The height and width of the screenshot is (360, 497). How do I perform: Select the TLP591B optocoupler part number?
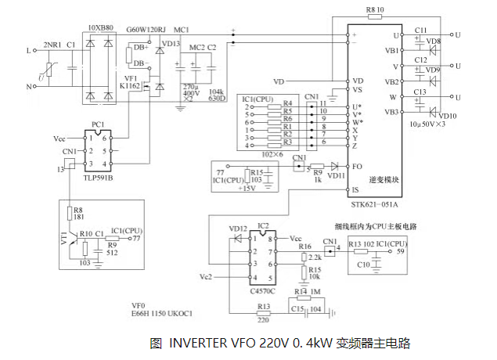(x=99, y=178)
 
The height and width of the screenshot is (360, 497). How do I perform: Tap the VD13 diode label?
(x=170, y=44)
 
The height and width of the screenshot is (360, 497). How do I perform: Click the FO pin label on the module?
(x=357, y=166)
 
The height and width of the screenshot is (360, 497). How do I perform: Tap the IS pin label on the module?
(x=356, y=190)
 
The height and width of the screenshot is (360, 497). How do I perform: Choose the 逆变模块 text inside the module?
(x=384, y=179)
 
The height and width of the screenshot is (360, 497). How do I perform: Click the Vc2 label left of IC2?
(x=206, y=277)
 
